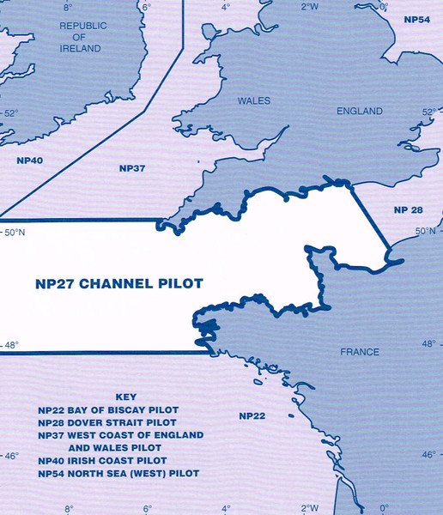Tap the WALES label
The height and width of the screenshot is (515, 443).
point(253,101)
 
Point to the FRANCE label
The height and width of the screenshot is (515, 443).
point(359,352)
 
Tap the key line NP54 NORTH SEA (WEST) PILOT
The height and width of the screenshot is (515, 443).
point(118,473)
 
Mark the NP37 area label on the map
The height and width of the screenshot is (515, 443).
point(131,167)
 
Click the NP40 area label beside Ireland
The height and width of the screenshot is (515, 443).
point(29,160)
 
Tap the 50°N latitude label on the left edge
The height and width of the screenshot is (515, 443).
point(16,233)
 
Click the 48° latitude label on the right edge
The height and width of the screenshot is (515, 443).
point(429,343)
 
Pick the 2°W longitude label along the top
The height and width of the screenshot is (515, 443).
point(310,6)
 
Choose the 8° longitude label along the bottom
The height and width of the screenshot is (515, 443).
point(69,508)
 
